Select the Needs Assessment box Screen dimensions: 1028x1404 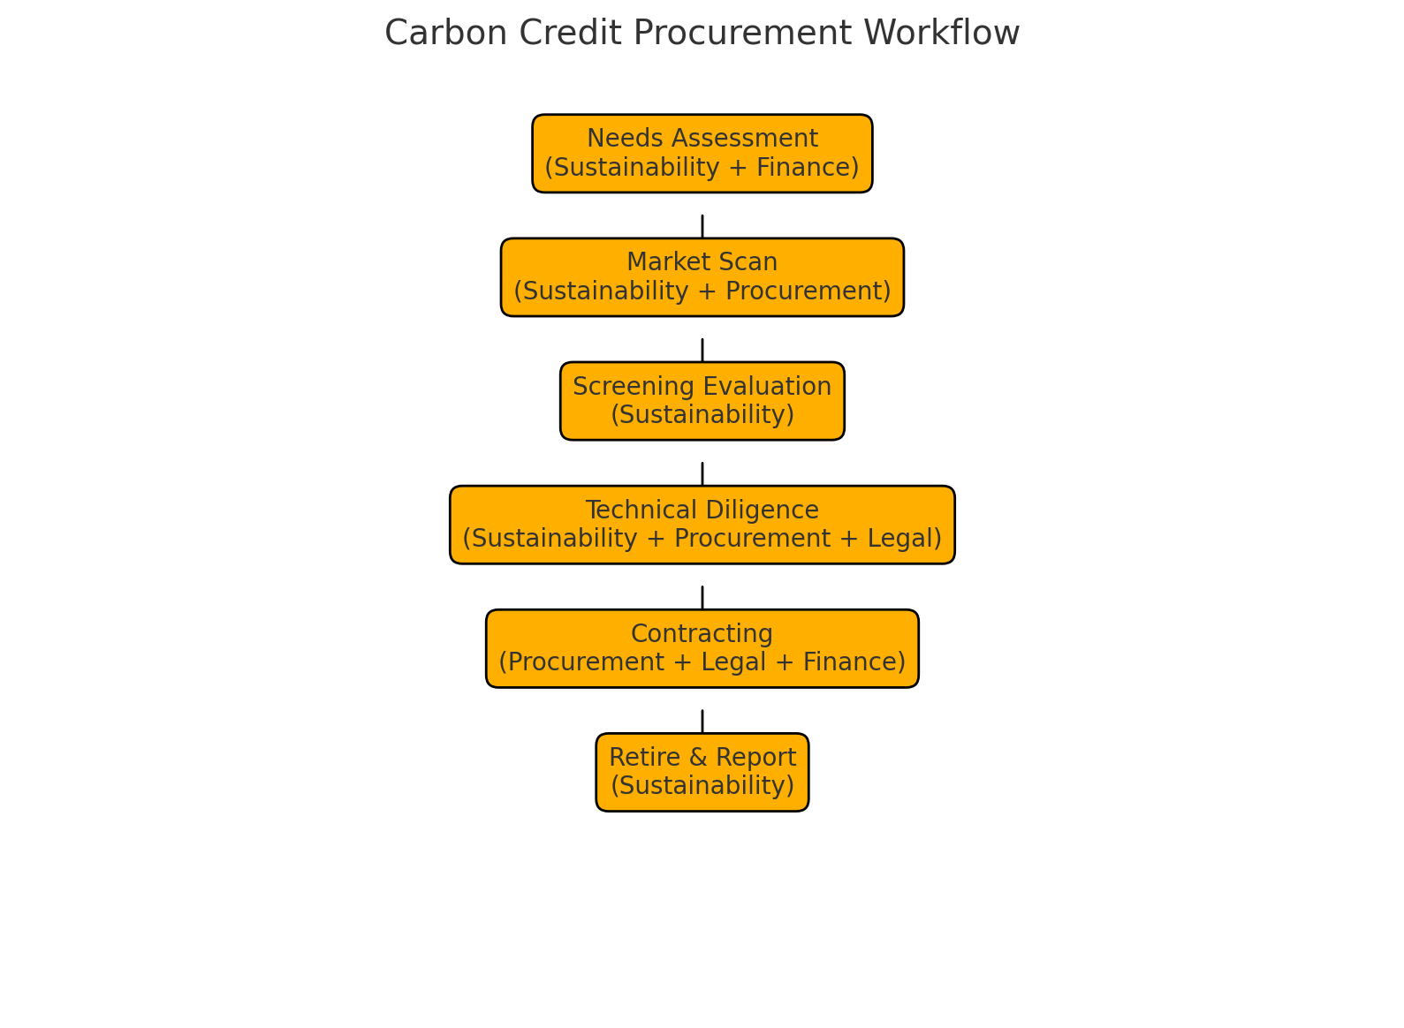702,153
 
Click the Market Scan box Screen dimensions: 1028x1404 702,276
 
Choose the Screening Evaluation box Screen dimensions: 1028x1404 702,400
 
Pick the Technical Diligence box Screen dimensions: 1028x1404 702,524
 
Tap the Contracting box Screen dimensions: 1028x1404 702,647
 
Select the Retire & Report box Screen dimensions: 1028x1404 702,771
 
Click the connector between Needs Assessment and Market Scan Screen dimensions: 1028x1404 702,226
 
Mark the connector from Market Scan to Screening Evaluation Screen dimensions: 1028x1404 702,350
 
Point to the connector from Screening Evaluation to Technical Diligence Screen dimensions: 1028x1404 702,473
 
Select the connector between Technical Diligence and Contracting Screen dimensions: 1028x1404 702,597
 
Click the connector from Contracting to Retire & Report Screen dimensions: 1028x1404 702,721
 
